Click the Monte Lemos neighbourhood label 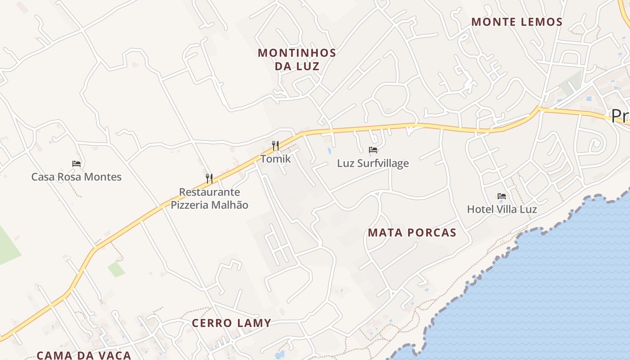517,22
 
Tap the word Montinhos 297,53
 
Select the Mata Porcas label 412,233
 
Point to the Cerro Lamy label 231,323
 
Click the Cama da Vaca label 84,355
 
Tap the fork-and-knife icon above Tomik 275,145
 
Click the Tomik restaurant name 275,159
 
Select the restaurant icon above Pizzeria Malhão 209,178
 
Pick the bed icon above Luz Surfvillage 373,150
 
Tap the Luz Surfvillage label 373,163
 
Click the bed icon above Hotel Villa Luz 502,196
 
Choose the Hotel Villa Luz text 502,209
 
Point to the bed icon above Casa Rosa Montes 76,163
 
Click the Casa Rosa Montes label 76,177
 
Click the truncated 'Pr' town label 620,117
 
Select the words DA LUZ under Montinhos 297,67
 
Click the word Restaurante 209,192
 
